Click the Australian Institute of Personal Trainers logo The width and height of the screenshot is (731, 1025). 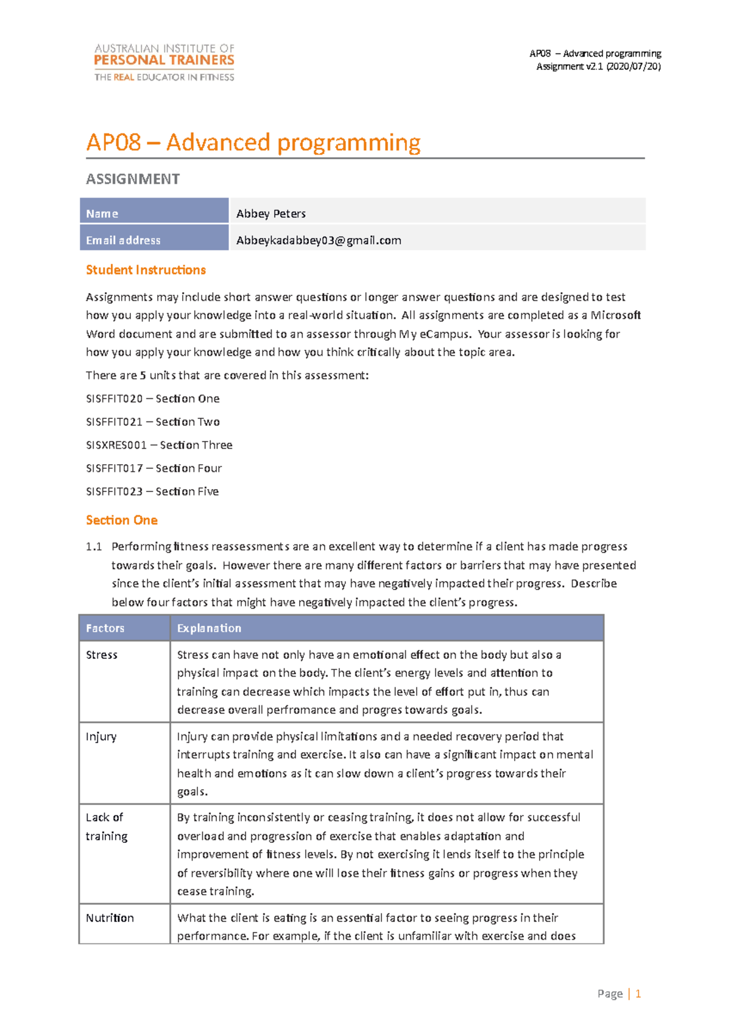[x=164, y=62]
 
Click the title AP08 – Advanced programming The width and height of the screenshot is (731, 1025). [x=253, y=143]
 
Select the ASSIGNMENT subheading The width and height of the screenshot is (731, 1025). [x=133, y=179]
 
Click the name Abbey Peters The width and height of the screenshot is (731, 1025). [x=271, y=214]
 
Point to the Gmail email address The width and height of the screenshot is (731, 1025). [x=319, y=241]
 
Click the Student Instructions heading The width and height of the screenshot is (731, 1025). [x=146, y=270]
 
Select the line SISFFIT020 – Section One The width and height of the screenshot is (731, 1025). [x=153, y=399]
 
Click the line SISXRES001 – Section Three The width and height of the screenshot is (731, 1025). [x=159, y=445]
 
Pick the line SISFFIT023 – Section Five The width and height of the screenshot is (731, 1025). [x=152, y=491]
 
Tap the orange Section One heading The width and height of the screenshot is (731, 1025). [x=122, y=520]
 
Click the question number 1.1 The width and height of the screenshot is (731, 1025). [x=94, y=547]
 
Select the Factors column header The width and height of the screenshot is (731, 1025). [x=105, y=629]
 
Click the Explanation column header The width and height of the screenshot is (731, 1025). [x=209, y=629]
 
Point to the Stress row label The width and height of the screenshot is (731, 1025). [x=102, y=655]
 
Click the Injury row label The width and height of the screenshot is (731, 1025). [x=101, y=737]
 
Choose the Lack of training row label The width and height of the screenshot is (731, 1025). [x=107, y=827]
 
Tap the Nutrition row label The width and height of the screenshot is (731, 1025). [x=110, y=918]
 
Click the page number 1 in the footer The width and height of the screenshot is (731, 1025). [x=638, y=994]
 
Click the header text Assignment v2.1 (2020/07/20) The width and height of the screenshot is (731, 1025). [x=598, y=66]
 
